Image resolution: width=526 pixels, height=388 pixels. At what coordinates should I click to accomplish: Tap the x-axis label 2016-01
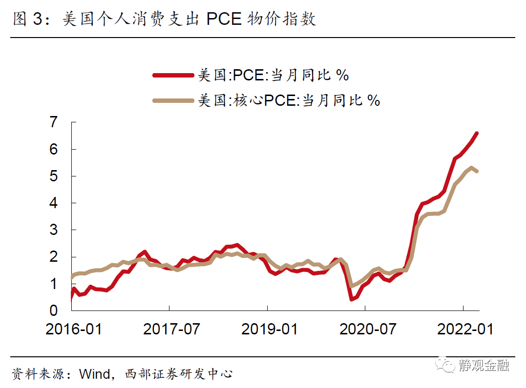point(74,329)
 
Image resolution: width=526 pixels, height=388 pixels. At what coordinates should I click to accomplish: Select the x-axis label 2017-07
point(171,329)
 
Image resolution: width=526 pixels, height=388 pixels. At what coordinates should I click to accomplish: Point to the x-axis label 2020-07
point(368,329)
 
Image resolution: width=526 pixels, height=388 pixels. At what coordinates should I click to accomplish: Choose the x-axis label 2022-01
point(465,329)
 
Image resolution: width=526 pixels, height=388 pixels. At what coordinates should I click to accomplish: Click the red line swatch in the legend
point(173,75)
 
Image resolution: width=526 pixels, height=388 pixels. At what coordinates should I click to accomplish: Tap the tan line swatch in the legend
point(173,100)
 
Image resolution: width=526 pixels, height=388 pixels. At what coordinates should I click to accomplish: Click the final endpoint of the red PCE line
point(477,133)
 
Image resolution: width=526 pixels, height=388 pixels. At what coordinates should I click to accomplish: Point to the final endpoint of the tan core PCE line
point(477,171)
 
